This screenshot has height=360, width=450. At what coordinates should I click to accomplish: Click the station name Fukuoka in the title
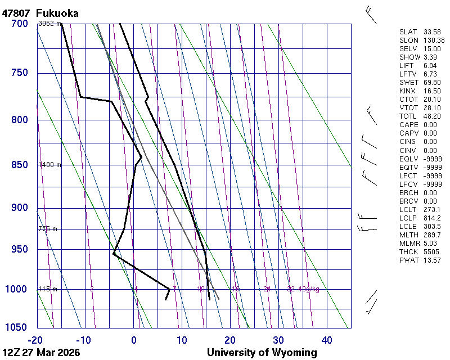pos(57,13)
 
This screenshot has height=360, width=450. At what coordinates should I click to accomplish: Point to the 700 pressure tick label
pos(19,24)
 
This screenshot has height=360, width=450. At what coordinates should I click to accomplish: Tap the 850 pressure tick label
pos(19,165)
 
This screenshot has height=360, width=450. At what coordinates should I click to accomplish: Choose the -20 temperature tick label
pos(35,340)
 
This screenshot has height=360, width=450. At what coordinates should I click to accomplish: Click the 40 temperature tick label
pos(327,340)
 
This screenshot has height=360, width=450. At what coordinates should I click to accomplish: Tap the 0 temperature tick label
pos(134,340)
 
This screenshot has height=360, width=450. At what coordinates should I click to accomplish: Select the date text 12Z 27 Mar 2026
pos(40,353)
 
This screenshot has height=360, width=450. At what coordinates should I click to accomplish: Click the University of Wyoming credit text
pos(262,353)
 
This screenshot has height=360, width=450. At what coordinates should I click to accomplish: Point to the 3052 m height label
pos(49,24)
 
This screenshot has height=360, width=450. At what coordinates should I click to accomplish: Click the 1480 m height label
pos(49,165)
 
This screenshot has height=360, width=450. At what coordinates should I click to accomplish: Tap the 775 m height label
pos(48,229)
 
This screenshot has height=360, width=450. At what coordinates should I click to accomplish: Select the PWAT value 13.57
pos(432,260)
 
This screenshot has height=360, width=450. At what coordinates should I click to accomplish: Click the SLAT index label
pos(409,32)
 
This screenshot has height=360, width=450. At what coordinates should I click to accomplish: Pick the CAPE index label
pos(409,125)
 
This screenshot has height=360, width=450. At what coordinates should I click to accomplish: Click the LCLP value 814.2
pos(432,218)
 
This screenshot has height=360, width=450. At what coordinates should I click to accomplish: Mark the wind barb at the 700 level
pos(371,16)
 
